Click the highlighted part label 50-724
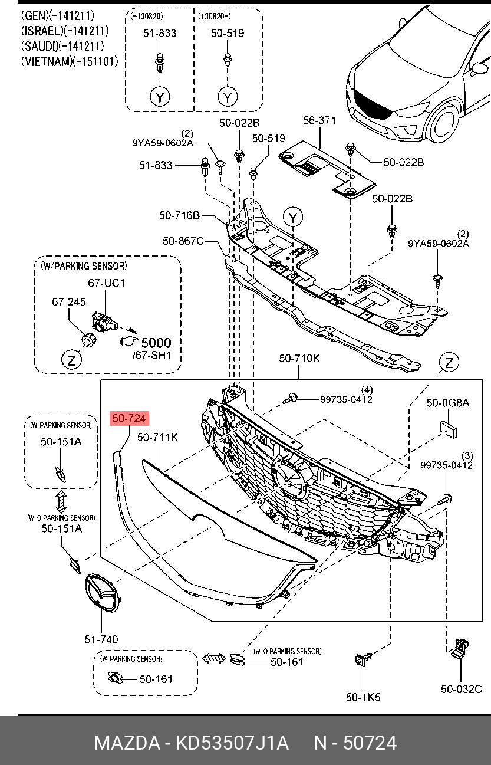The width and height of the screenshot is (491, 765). point(129,418)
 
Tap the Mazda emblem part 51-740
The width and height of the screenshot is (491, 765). point(102,593)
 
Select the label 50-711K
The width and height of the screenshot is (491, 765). point(157,437)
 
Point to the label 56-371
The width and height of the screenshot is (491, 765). point(319,120)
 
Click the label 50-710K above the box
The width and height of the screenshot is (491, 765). point(299,358)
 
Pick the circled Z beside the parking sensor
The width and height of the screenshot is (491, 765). point(71,360)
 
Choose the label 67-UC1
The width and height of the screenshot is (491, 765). point(107,283)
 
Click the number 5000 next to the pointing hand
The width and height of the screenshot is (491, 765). point(156,343)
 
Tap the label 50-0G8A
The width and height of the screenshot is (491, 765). point(447,403)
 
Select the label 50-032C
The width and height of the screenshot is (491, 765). point(461,689)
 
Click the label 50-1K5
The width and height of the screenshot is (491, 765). point(363,697)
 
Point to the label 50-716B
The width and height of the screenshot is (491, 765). point(179,215)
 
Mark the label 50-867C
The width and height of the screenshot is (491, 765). point(183,241)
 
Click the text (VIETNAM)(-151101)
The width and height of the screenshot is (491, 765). point(70,61)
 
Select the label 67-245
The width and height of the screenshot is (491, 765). point(68,301)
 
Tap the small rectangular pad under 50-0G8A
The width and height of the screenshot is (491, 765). point(447,429)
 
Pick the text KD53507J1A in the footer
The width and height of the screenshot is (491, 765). point(232,743)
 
